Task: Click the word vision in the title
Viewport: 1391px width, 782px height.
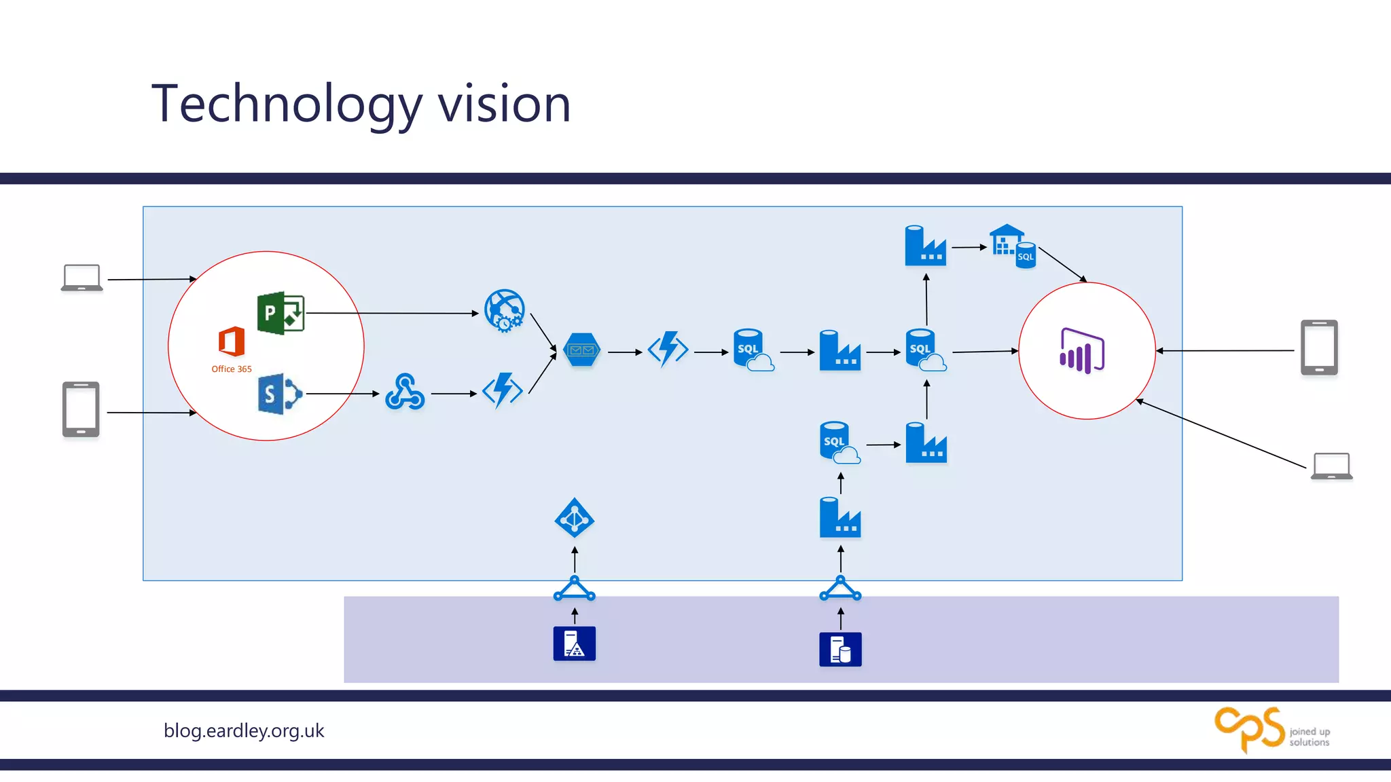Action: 503,105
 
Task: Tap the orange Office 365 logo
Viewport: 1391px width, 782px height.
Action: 232,341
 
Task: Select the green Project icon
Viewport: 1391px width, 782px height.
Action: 281,313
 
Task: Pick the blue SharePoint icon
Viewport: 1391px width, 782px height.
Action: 279,394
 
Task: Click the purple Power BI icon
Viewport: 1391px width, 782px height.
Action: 1082,350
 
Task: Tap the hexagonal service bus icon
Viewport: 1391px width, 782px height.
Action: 582,350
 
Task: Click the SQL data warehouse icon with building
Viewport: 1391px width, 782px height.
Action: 1012,246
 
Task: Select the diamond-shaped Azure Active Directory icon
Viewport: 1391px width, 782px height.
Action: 575,519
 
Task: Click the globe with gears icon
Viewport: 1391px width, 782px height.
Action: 504,311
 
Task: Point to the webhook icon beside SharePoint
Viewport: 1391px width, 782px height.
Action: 405,392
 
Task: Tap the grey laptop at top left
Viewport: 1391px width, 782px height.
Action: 82,278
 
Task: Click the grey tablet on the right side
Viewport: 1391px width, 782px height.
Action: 1319,348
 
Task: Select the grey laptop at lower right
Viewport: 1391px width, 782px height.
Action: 1331,466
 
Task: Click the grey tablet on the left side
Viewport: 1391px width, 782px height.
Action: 81,409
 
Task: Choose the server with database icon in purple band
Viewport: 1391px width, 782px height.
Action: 840,650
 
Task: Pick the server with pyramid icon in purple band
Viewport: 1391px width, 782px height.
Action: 575,644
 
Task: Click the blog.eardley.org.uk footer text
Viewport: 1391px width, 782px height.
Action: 244,731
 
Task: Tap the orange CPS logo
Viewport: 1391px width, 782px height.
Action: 1250,730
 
